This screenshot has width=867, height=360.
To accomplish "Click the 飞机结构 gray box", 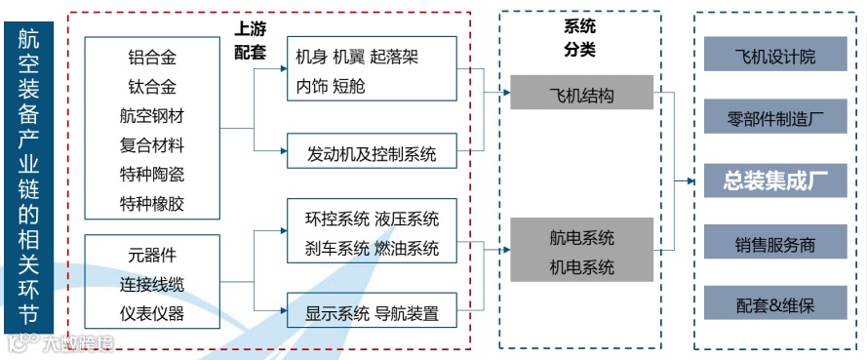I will [x=581, y=95].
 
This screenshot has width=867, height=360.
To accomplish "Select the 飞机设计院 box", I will [x=775, y=58].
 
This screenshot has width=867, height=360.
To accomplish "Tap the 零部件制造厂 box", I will [x=775, y=120].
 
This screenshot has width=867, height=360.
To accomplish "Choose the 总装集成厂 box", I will [x=775, y=180].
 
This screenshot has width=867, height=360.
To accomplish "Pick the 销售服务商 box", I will [x=775, y=243].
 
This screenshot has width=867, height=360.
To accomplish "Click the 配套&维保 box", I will [x=775, y=305].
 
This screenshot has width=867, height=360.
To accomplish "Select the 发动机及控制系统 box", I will [x=372, y=153].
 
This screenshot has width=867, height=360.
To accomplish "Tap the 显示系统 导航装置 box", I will [x=372, y=313].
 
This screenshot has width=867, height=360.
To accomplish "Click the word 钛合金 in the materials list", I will [x=152, y=87].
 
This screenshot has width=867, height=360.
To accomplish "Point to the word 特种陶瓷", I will [x=152, y=175].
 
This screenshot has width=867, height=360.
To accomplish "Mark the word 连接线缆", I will [x=152, y=285].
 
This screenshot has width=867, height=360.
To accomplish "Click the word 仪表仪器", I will [x=152, y=314].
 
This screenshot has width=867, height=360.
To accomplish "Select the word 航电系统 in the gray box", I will [x=581, y=238].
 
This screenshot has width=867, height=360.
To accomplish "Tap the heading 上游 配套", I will [x=251, y=42].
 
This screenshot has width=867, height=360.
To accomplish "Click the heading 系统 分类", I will [x=580, y=38].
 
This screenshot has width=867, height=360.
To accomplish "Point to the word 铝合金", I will [x=152, y=58].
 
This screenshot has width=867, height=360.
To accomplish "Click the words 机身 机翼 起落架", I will [x=357, y=57].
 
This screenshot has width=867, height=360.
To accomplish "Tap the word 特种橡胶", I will [x=152, y=204].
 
